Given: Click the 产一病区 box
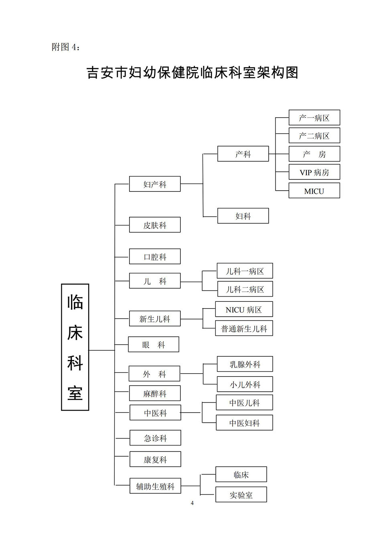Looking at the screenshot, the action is [314, 118].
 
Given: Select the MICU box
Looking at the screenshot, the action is [314, 191].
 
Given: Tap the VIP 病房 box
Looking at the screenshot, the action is [314, 172].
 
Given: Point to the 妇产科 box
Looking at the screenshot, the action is [155, 184].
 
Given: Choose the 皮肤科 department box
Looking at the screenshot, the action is [155, 225].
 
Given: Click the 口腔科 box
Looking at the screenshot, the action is [155, 256].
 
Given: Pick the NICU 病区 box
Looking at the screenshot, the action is [244, 309].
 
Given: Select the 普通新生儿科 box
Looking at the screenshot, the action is [244, 328].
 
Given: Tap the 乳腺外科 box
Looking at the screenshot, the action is [245, 364].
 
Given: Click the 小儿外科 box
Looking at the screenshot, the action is [245, 384].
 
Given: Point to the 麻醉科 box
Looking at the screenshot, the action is [155, 393].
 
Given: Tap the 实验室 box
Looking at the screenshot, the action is [241, 494].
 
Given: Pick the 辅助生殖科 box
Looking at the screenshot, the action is [155, 486].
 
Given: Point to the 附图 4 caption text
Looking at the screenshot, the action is [65, 47].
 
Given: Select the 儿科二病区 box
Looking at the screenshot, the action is [245, 289].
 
